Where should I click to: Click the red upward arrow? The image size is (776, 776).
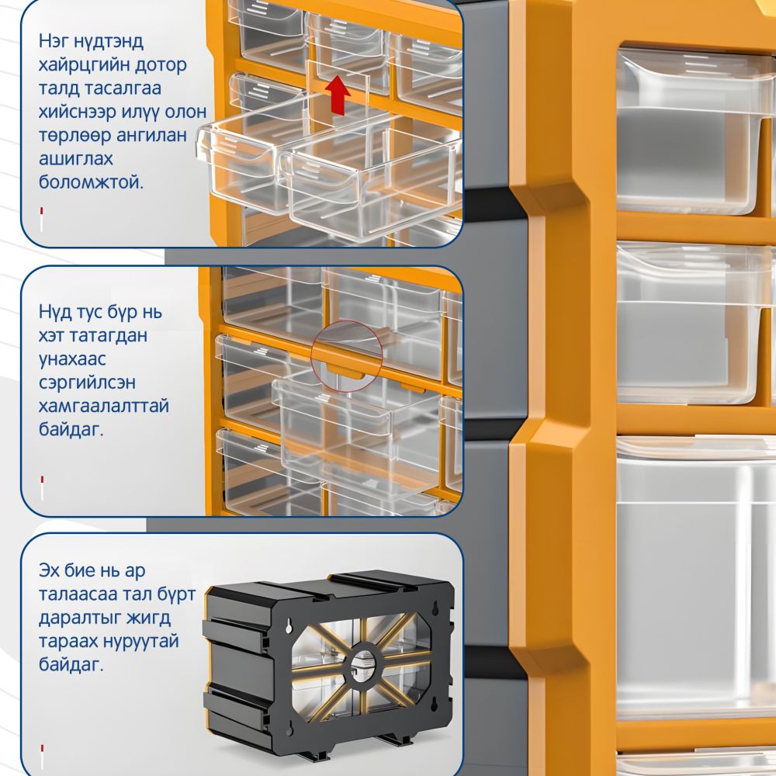click(x=338, y=95)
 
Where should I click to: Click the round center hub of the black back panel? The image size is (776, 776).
click(x=365, y=663)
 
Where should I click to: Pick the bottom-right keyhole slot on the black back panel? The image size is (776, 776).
click(x=435, y=703)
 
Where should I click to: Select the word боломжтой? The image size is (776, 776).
click(x=91, y=182)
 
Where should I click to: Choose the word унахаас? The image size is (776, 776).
click(x=72, y=359)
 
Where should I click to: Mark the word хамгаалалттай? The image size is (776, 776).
click(x=104, y=407)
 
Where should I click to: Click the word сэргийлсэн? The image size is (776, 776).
click(x=87, y=383)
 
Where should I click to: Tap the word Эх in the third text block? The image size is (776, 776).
click(x=49, y=570)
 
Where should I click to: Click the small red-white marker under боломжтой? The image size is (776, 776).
click(x=42, y=220)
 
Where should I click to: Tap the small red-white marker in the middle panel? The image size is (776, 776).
click(x=42, y=488)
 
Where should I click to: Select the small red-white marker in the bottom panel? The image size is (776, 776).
click(x=42, y=757)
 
